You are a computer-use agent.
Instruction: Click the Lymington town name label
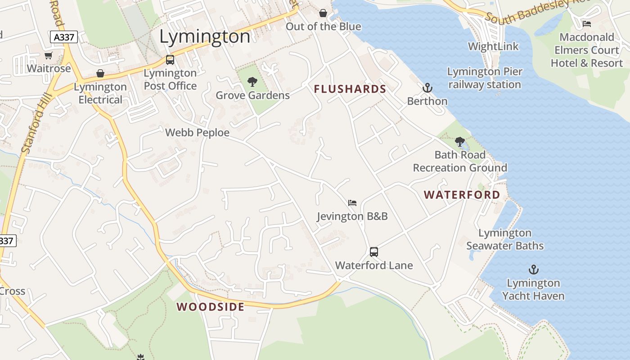click(205, 36)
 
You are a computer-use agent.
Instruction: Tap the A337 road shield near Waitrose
click(64, 37)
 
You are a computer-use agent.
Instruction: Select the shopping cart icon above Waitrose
click(49, 55)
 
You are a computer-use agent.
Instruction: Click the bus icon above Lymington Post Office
click(170, 59)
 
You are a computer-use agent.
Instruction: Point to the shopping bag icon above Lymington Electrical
click(100, 73)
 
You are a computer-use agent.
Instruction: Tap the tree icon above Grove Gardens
click(252, 82)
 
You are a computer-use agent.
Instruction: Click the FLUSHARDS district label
click(350, 89)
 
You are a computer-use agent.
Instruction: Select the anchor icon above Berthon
click(427, 87)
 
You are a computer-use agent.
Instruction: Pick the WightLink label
click(493, 46)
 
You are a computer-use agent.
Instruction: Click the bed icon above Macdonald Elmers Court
click(586, 23)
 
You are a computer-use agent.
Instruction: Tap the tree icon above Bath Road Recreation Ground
click(459, 142)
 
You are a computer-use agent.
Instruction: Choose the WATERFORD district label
click(462, 195)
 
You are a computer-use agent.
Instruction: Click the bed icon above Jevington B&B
click(352, 203)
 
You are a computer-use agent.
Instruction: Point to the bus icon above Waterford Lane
click(373, 252)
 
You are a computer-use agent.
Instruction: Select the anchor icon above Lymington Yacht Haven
click(533, 270)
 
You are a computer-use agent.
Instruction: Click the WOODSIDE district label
click(211, 307)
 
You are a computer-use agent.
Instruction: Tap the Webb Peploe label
click(197, 133)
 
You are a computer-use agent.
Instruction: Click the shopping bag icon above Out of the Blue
click(323, 13)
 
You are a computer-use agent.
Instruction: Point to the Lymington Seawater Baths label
click(505, 239)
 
